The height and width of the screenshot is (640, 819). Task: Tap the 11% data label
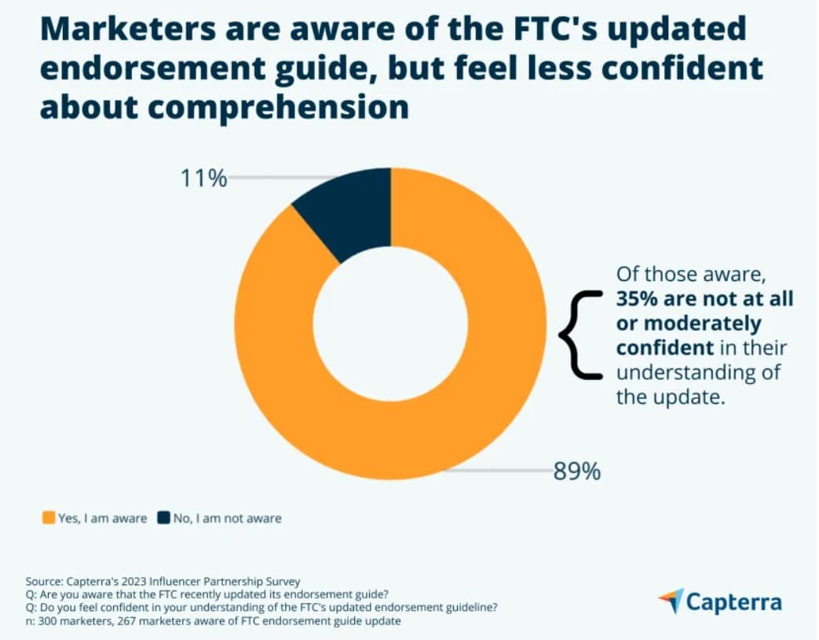coord(203,179)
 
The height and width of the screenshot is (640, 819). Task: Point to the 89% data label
coord(576,472)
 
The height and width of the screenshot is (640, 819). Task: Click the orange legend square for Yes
coord(49,518)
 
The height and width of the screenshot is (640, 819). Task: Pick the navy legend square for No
coord(163,518)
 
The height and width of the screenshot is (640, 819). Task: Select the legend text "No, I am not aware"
coord(227,518)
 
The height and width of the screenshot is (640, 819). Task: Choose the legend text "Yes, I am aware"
coord(102,518)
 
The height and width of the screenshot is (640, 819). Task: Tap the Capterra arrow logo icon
coord(671,601)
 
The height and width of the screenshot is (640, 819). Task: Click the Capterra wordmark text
coord(734,602)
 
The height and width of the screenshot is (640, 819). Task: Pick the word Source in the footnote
coord(43,582)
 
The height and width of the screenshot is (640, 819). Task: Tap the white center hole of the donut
coord(390,324)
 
